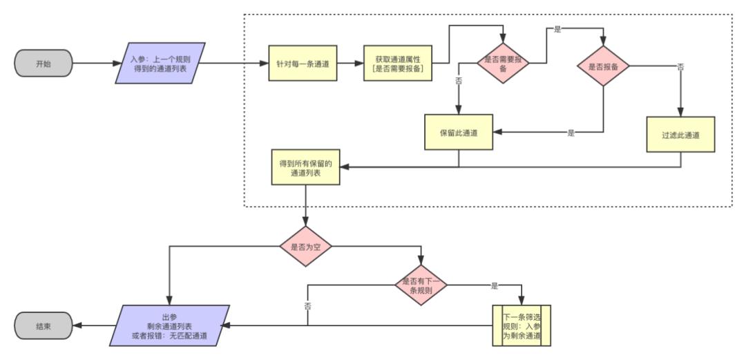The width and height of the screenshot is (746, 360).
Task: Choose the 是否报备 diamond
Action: pos(603,66)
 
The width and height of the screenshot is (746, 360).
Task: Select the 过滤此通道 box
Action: pos(680,135)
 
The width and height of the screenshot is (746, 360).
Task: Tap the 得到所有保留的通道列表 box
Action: pos(305,168)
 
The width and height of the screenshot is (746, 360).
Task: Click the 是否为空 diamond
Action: pos(305,245)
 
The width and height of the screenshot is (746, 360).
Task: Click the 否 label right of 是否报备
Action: pos(681,67)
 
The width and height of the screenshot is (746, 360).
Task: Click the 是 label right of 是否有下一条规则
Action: pos(494,285)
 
